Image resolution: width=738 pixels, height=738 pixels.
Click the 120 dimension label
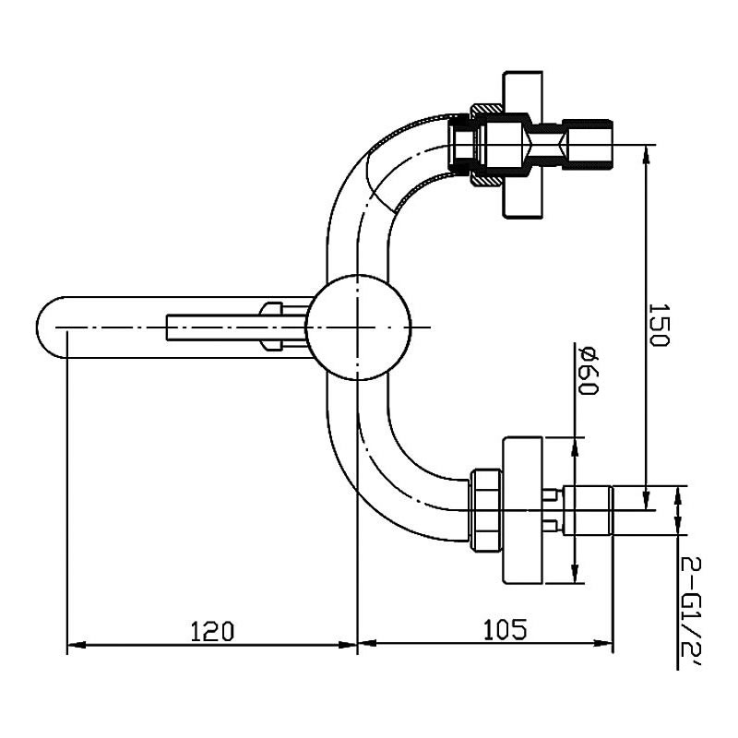(x=212, y=631)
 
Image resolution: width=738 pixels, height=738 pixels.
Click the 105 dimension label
(x=505, y=629)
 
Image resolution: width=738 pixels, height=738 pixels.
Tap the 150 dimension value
(x=659, y=325)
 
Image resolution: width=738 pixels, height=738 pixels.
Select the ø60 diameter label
(x=589, y=372)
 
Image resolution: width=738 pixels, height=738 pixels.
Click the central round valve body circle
(x=358, y=327)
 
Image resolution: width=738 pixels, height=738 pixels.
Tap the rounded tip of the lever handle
(x=47, y=327)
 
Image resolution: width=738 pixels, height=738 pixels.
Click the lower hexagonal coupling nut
(x=486, y=510)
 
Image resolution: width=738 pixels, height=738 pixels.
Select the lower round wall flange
(x=522, y=511)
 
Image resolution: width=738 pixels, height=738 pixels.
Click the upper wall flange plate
(x=522, y=145)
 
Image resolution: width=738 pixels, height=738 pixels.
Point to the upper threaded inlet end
(x=589, y=144)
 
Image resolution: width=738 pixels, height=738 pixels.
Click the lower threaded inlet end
(x=589, y=510)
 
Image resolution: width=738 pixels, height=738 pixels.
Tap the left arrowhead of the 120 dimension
(x=77, y=645)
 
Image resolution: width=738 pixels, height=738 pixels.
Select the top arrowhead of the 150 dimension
(x=647, y=154)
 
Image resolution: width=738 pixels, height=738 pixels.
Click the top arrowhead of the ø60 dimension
(x=574, y=447)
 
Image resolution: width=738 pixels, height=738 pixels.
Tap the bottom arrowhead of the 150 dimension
(x=647, y=500)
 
